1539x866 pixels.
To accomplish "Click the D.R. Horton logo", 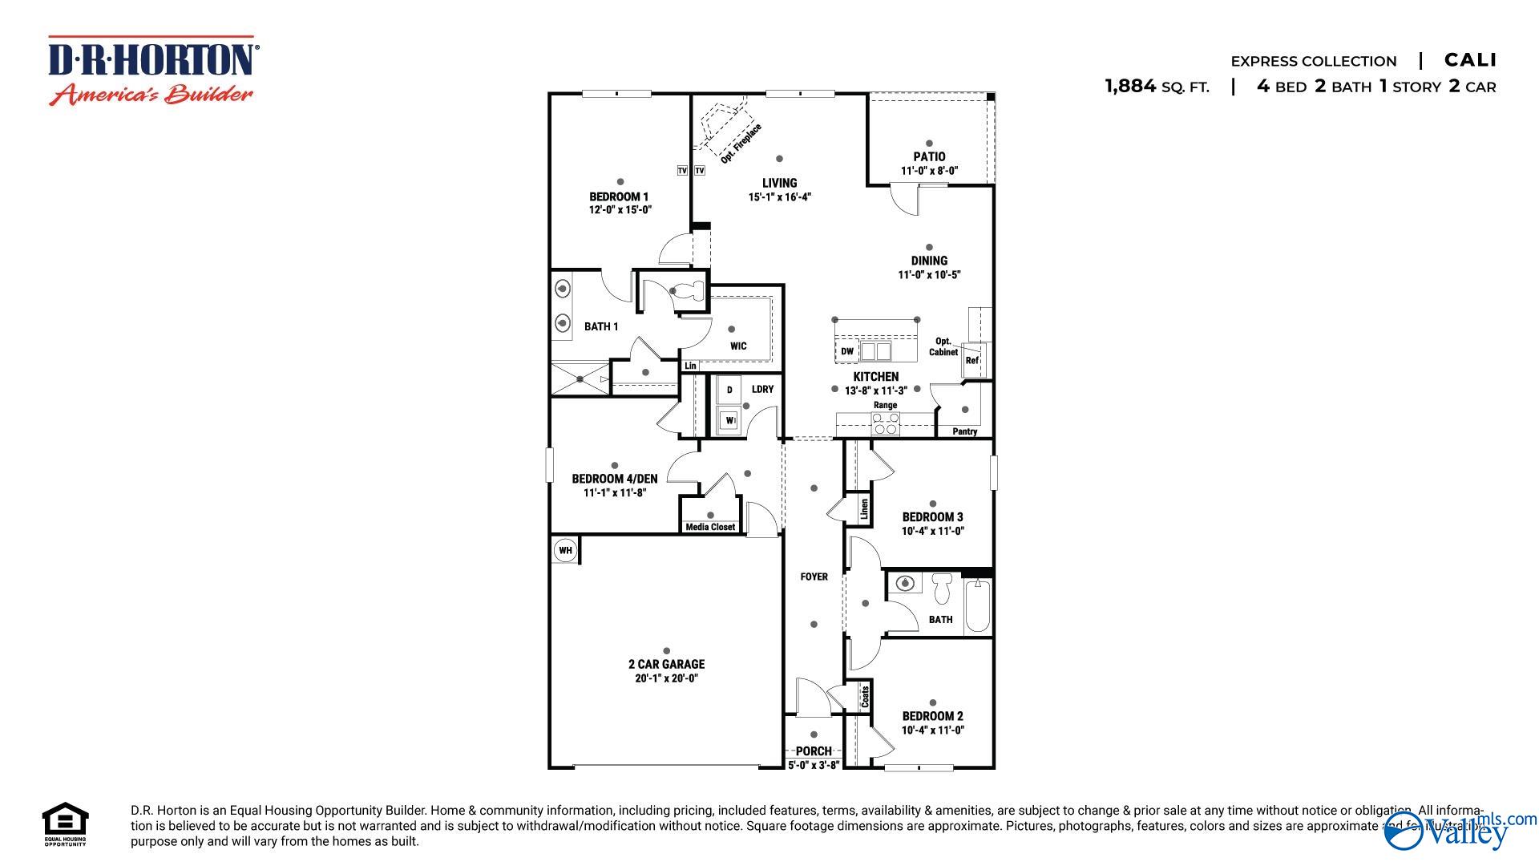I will (x=152, y=71).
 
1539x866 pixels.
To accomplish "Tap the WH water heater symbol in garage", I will (x=565, y=550).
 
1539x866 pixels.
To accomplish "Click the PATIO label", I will (x=929, y=156).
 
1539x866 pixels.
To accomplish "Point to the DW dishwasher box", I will (x=847, y=351).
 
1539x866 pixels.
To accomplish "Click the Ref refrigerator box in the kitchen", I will (x=973, y=359).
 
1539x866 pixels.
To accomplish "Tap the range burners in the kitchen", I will (x=885, y=423).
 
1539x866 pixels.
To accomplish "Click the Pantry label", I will (x=964, y=431).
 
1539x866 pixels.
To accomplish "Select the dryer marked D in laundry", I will (x=729, y=390).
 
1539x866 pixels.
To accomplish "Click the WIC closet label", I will (x=738, y=346).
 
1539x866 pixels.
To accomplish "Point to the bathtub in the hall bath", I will (x=978, y=607).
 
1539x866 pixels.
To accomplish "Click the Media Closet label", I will (x=710, y=527).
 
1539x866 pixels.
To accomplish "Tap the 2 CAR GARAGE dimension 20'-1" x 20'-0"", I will (x=666, y=678).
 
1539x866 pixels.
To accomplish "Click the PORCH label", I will (x=814, y=751).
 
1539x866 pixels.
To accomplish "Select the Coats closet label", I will (x=865, y=695).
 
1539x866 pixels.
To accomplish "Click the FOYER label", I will (x=814, y=577).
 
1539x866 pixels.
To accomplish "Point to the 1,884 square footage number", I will (x=1130, y=86).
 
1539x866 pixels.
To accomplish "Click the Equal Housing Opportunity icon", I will (x=65, y=823).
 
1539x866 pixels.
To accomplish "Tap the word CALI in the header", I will (x=1470, y=60).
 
